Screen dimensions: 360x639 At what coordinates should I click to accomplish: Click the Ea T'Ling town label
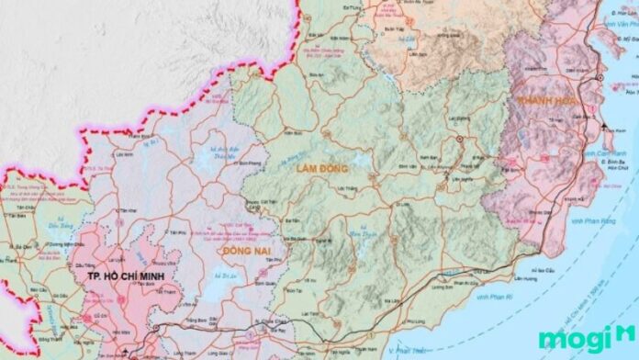[x=351, y=7]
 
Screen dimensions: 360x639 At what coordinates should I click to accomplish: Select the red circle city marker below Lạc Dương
[x=460, y=139]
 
